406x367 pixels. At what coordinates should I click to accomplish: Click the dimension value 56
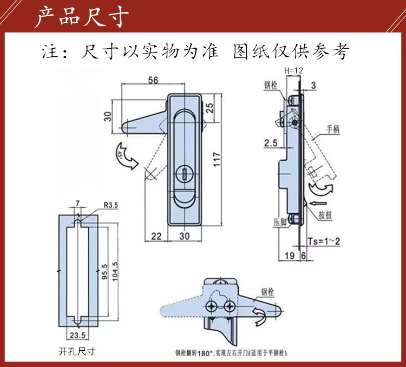point(153,80)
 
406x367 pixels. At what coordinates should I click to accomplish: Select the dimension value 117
point(216,160)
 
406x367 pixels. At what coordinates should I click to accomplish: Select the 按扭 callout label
point(325,214)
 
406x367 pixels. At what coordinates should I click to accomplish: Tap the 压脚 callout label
point(278,221)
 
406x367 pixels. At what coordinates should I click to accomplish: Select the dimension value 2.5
point(271,142)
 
